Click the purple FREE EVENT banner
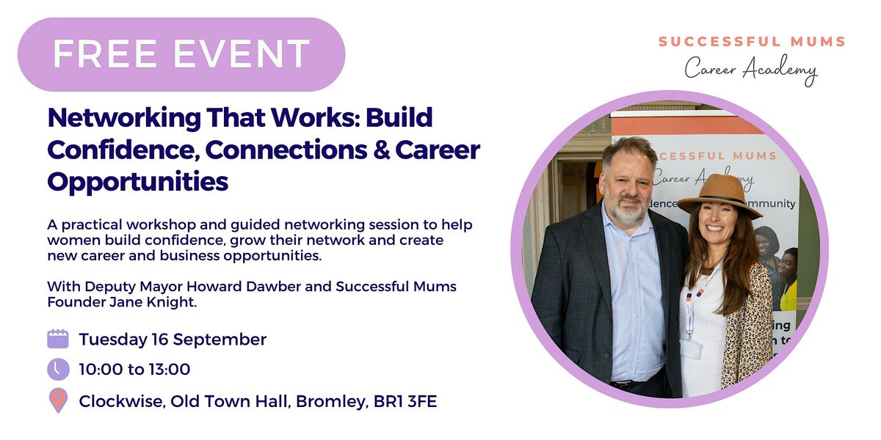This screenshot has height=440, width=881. pos(181,54)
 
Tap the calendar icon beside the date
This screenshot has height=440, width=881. pos(58,339)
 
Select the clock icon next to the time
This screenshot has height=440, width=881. pos(58,370)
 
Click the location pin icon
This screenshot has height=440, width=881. pos(58,400)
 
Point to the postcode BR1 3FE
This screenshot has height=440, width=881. pos(405,402)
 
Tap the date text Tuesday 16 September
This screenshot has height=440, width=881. pos(173,340)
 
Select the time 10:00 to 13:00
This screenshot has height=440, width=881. pos(134,370)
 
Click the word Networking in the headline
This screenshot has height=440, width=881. pos(124,118)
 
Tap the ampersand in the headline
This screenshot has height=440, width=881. pos(382,150)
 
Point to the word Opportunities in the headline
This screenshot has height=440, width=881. pos(138,182)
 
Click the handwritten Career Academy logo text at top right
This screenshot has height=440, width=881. pos(751,70)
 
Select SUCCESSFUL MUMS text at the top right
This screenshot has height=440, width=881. pos(752,42)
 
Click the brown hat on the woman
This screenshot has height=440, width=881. pos(719,196)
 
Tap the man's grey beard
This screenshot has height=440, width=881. pos(626,210)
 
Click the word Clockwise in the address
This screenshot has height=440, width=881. pos(122,402)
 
